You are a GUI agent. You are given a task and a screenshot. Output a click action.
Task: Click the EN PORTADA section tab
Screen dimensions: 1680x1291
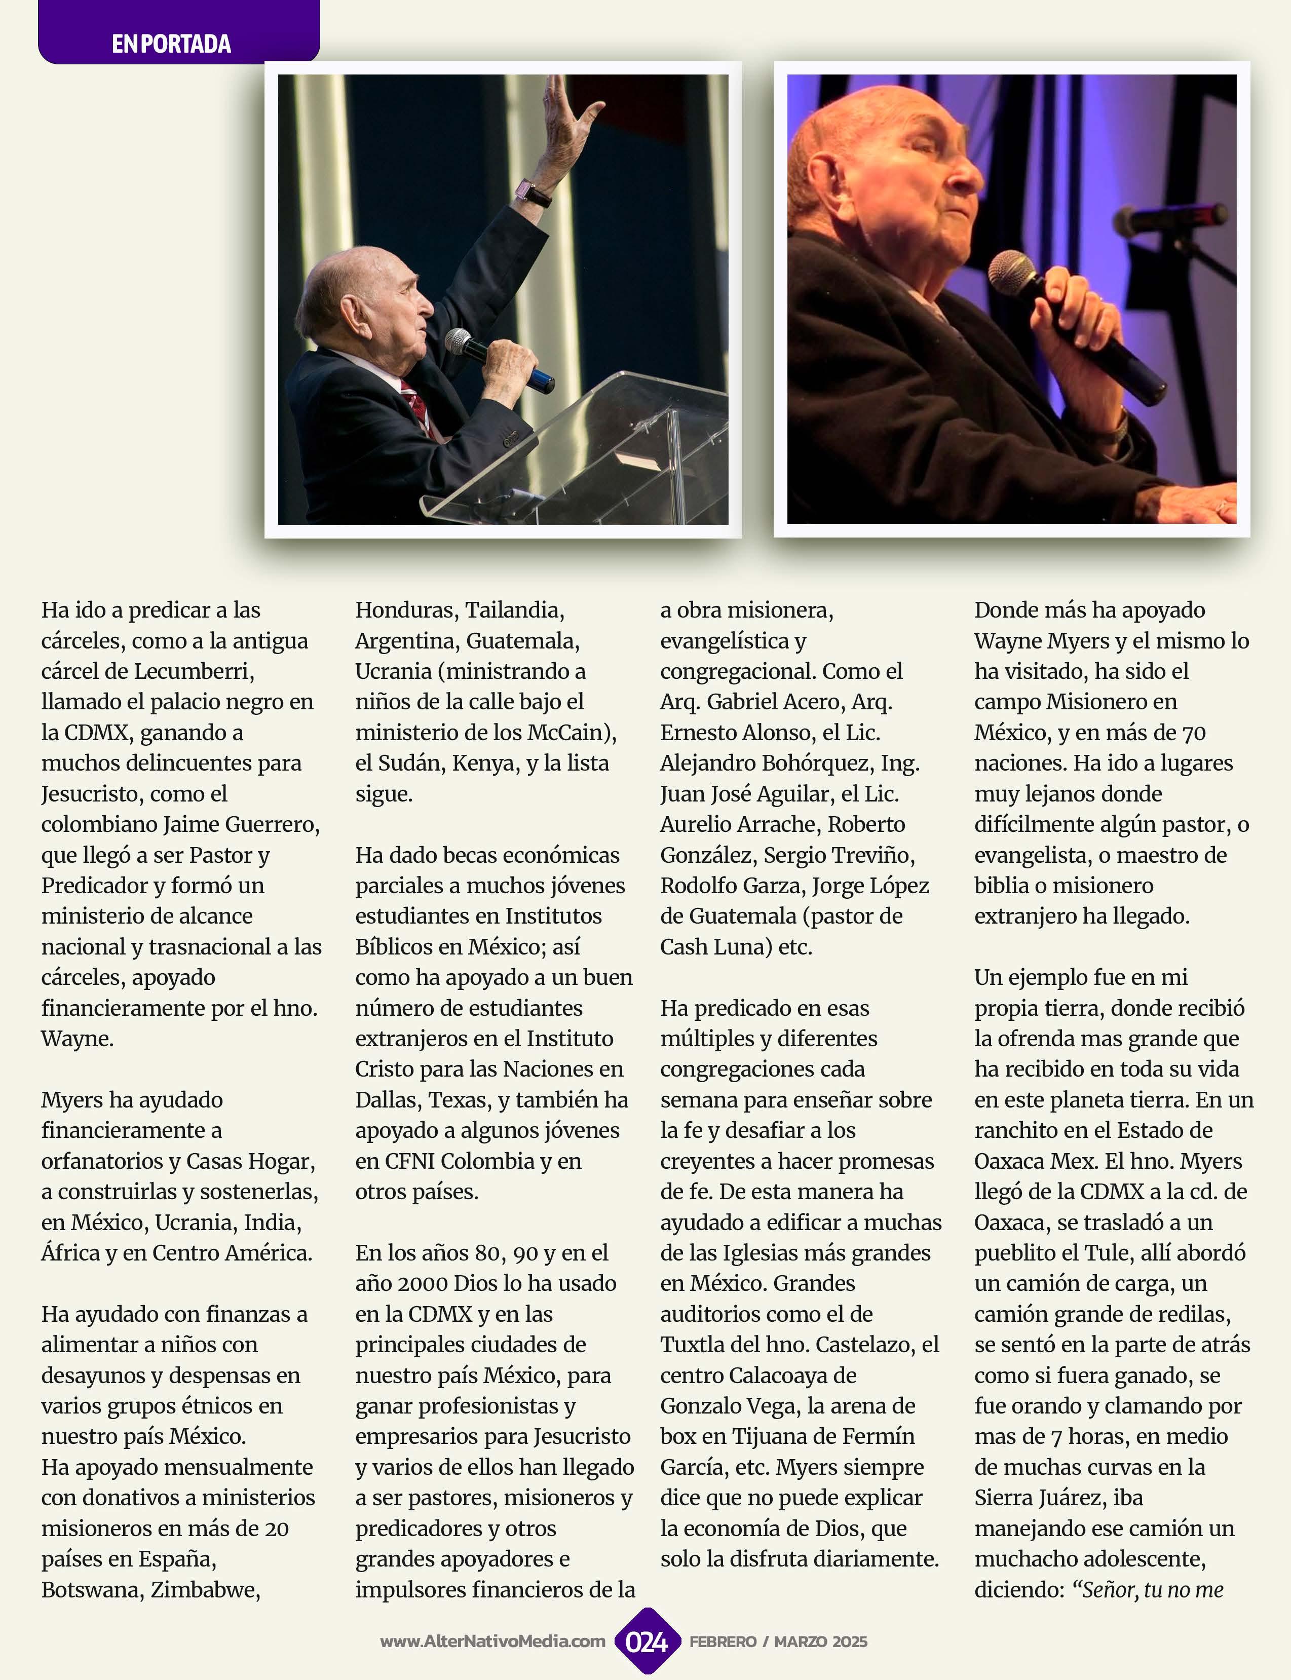click(171, 44)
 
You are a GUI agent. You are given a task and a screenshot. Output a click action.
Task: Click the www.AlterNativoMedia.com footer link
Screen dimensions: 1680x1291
click(492, 1641)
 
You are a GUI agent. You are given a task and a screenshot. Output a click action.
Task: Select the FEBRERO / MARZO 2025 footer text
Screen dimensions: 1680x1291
click(778, 1641)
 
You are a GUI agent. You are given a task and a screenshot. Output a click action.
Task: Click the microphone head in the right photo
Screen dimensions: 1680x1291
click(1008, 274)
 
